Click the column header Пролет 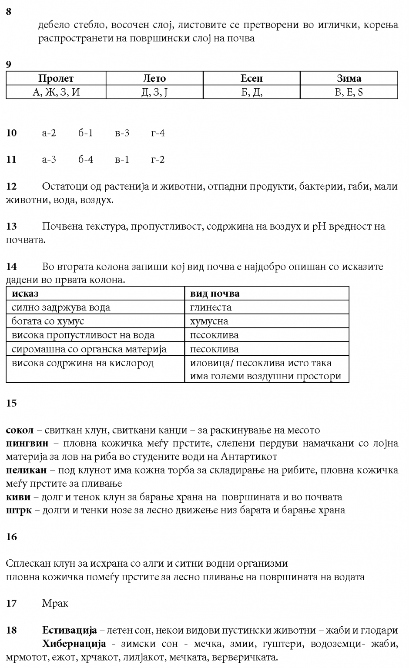point(56,79)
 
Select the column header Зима point(349,79)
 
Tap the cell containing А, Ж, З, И point(56,92)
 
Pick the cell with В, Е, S point(349,92)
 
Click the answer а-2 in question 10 point(49,133)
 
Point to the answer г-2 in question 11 point(158,160)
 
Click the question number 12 point(11,187)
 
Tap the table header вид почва point(215,294)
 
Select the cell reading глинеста point(211,307)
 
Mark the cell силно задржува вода point(61,307)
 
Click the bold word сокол point(20,431)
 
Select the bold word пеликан point(26,470)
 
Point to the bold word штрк point(19,510)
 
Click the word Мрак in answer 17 point(55,604)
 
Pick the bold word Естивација point(69,630)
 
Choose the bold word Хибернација point(74,644)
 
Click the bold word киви point(18,497)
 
